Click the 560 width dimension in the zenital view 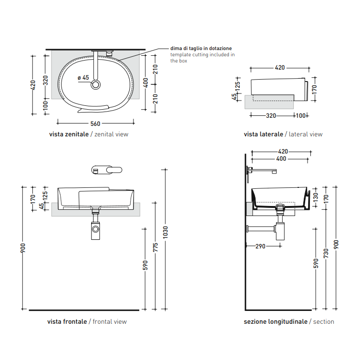click(x=95, y=124)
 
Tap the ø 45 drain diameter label click(x=83, y=78)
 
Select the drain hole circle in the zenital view click(x=95, y=84)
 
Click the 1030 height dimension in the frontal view click(x=165, y=232)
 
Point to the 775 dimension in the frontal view click(x=155, y=247)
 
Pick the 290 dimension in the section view click(x=260, y=247)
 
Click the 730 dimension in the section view click(x=326, y=253)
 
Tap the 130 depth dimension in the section click(x=316, y=197)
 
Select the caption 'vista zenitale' click(x=69, y=134)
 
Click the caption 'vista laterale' click(x=263, y=134)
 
